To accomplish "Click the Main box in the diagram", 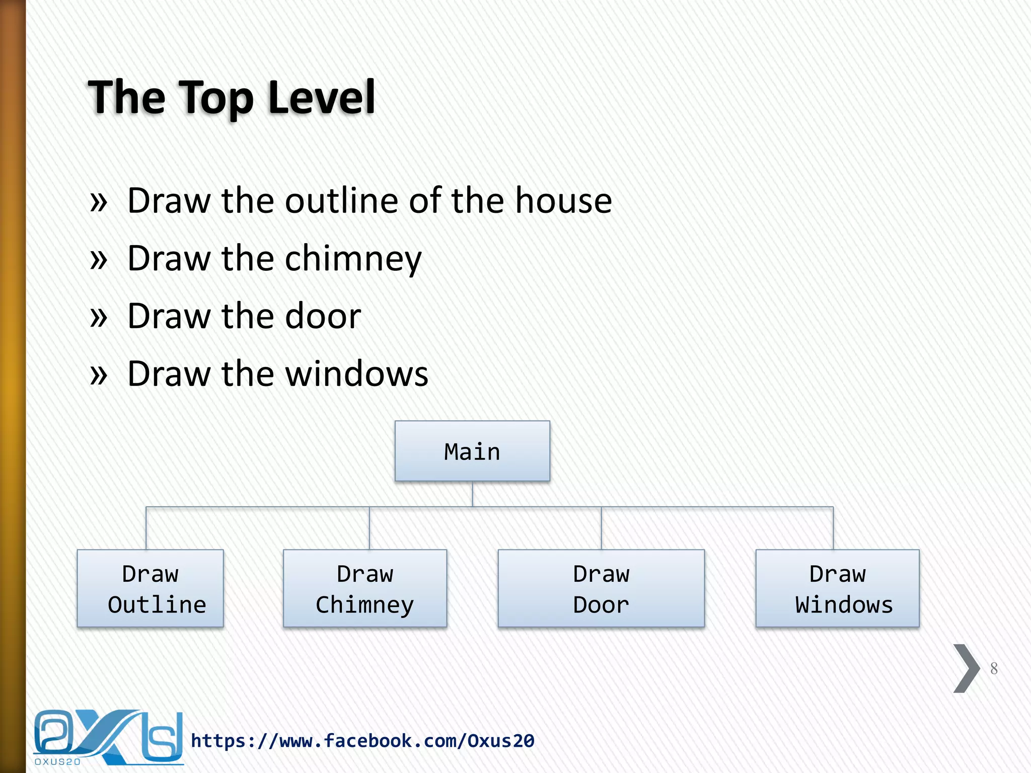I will [472, 451].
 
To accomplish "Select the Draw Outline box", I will [150, 588].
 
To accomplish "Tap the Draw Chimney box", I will [365, 588].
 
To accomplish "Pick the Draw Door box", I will [601, 588].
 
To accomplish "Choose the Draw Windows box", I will [837, 588].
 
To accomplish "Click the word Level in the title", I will [322, 97].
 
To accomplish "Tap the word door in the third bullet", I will [323, 316].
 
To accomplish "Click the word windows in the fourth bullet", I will [357, 374].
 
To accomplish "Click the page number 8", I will [994, 668].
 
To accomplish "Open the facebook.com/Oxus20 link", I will [362, 741].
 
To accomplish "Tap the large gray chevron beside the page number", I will [966, 668].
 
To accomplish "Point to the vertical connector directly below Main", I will [472, 494].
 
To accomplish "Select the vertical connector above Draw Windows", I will [833, 528].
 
